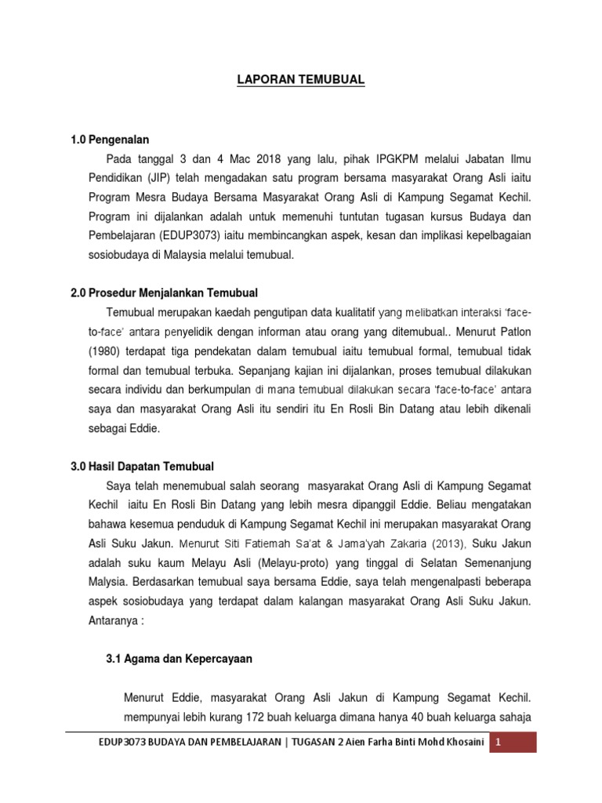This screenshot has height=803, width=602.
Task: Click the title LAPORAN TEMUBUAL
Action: (300, 80)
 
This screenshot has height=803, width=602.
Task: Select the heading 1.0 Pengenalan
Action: (110, 140)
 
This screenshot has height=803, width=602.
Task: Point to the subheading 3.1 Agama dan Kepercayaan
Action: (179, 659)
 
